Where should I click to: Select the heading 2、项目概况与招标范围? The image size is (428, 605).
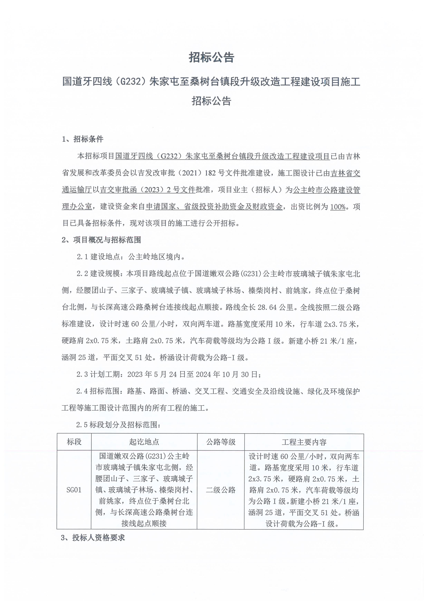point(101,240)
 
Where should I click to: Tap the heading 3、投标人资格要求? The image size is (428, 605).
point(93,538)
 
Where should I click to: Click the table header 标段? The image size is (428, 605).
point(74,442)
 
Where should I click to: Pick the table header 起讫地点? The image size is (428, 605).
point(144,442)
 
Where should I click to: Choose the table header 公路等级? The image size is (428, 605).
point(221,442)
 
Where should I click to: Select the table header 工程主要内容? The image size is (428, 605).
point(304,442)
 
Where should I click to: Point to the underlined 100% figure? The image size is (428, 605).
point(338,207)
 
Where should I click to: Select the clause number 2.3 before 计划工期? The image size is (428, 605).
point(82,374)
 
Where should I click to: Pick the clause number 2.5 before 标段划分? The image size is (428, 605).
point(82,425)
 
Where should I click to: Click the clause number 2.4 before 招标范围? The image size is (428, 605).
point(82,391)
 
